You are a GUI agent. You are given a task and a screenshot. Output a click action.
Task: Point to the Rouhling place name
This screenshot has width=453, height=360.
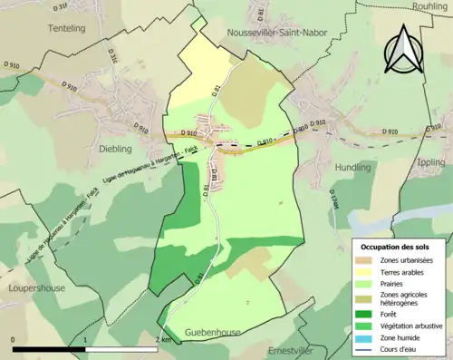pyautogui.click(x=430, y=5)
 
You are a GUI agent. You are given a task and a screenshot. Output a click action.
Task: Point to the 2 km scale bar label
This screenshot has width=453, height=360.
pyautogui.click(x=162, y=339)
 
